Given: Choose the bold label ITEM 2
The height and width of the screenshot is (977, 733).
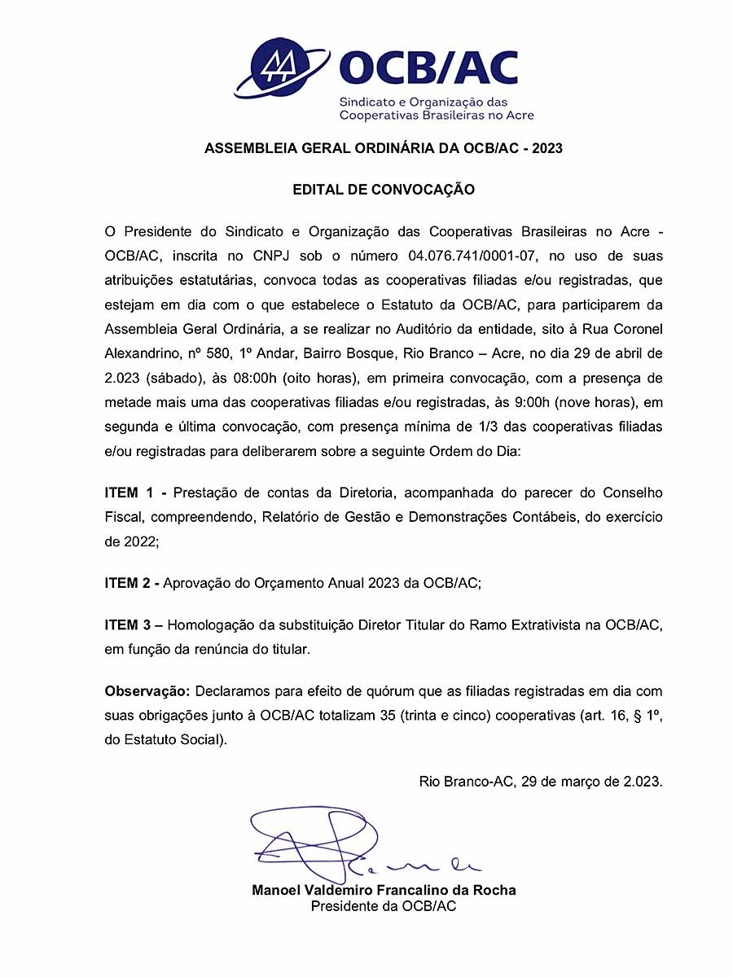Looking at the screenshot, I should click(x=133, y=583).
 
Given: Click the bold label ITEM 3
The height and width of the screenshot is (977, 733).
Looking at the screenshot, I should click(x=133, y=625).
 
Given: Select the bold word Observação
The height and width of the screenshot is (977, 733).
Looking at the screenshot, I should click(x=147, y=691).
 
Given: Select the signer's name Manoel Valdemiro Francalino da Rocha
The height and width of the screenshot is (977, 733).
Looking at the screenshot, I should click(x=384, y=890).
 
